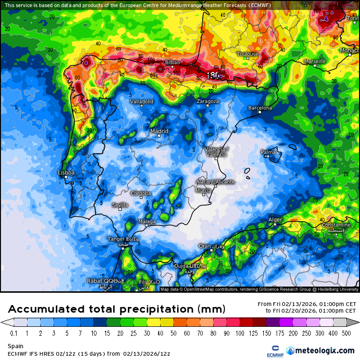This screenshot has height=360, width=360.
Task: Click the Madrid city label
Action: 159,131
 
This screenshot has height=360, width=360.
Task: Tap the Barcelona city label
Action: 261,108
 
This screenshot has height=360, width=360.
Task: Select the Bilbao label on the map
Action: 172,62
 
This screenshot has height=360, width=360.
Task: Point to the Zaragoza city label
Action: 208,101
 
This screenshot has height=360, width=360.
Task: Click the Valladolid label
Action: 142,101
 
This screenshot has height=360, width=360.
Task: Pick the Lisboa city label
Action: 66,173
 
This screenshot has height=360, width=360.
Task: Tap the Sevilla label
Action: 120,205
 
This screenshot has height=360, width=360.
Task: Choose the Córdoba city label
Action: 141,193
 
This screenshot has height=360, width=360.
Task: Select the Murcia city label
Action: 203,190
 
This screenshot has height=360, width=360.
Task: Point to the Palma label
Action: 268,152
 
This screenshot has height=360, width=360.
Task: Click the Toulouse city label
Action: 248,54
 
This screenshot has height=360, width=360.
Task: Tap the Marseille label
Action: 315,62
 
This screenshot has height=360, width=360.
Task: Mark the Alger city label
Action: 275,220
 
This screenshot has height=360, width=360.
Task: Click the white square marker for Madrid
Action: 159,136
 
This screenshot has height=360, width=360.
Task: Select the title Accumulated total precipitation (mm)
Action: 116,309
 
